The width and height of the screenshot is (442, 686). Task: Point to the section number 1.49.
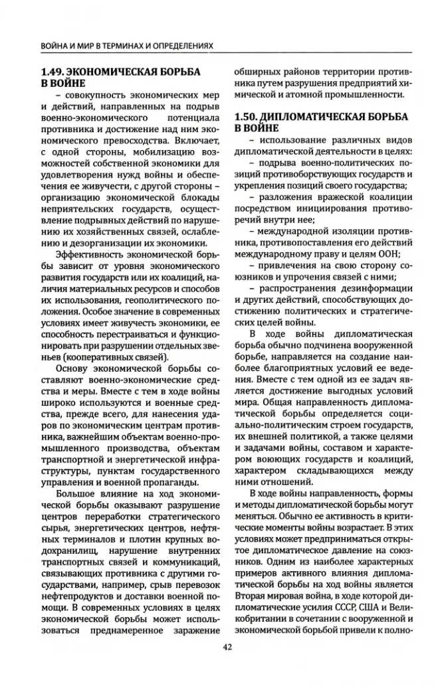pos(53,70)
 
